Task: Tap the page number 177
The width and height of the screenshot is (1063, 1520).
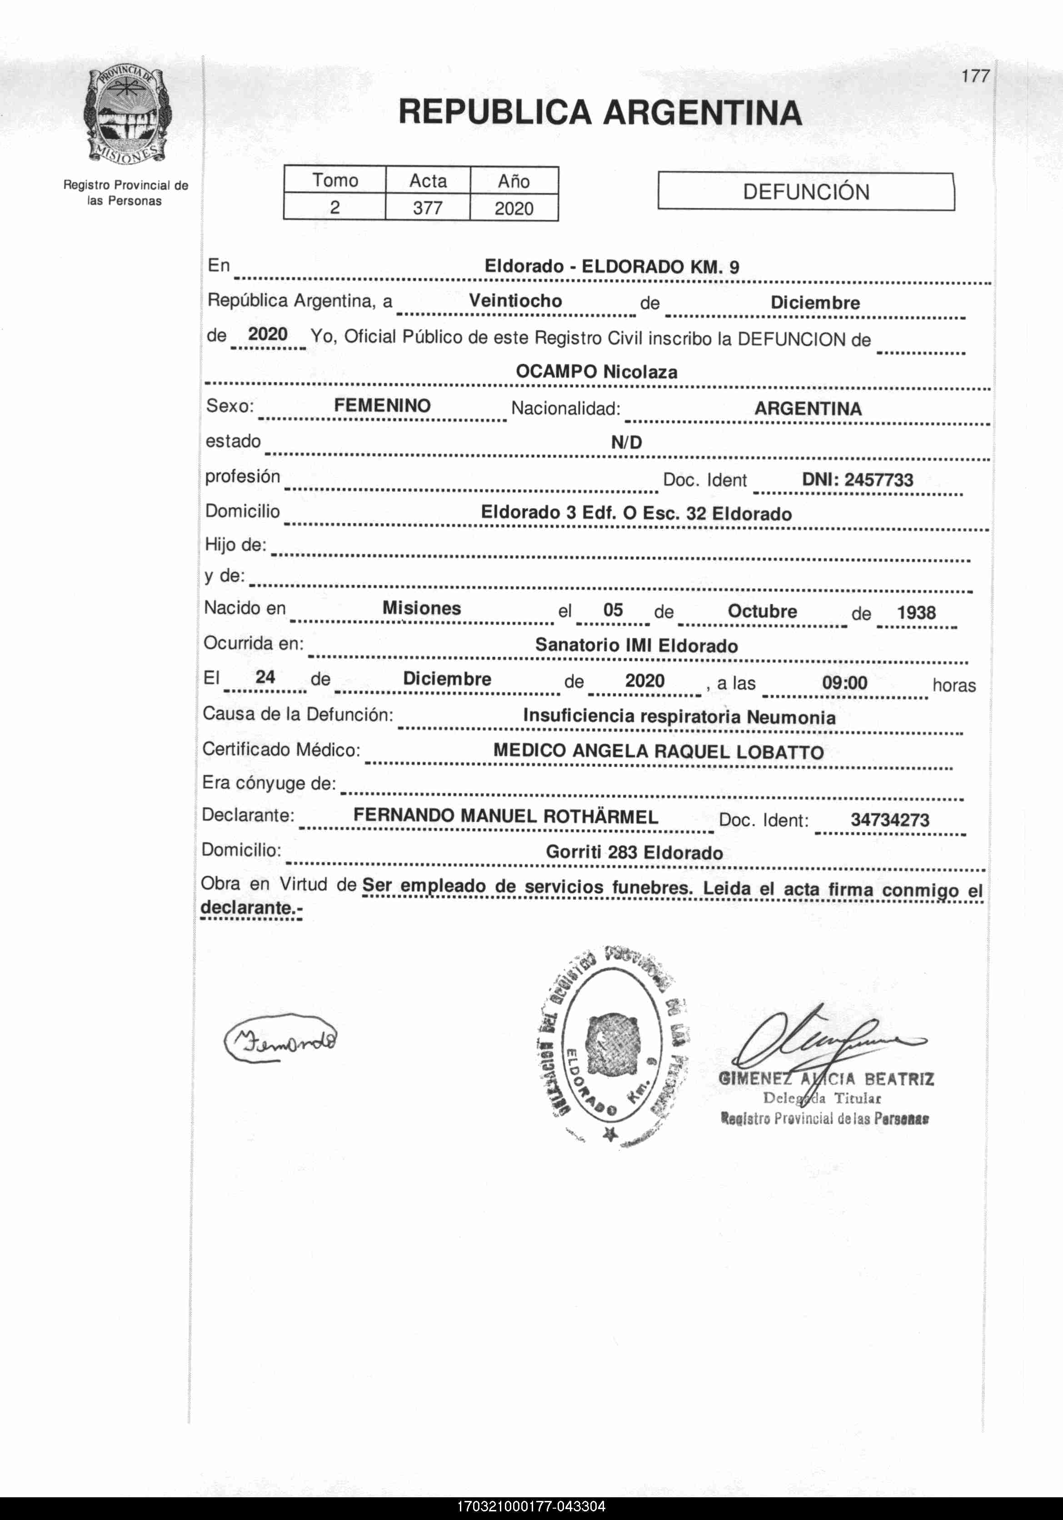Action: [975, 76]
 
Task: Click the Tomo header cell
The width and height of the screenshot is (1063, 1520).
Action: [335, 180]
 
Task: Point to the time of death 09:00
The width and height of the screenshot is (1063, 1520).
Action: [844, 683]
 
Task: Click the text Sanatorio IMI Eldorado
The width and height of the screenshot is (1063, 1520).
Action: [636, 645]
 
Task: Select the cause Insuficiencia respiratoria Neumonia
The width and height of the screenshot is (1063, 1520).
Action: [679, 716]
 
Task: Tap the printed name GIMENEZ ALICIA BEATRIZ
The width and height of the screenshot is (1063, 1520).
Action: [826, 1079]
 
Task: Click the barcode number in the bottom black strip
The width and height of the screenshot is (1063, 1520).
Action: [531, 1507]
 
